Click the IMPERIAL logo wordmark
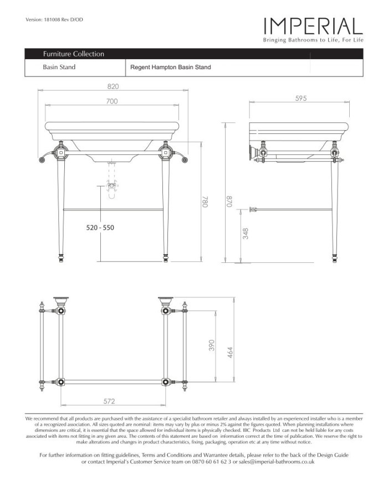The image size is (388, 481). pos(313,26)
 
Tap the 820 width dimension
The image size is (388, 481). pos(114,86)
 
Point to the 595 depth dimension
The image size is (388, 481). pos(302,97)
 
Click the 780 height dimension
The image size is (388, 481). pos(204,203)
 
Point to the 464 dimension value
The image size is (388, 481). pos(228,352)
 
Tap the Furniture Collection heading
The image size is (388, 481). pos(74,54)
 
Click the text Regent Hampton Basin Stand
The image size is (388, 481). pos(170,68)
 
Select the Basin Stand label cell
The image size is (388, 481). pos(59,68)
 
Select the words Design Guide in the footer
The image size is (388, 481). pos(331,454)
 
